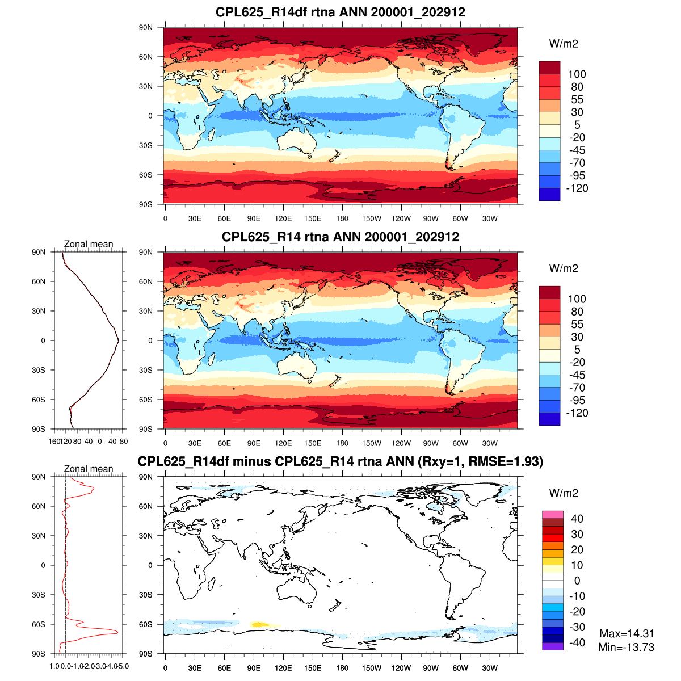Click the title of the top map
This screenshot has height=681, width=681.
click(340, 12)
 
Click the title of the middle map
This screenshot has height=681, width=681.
click(340, 237)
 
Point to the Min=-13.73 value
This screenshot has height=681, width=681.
click(627, 647)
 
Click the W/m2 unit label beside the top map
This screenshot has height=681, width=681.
click(564, 44)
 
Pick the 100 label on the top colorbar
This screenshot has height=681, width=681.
click(577, 74)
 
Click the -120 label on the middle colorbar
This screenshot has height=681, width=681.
click(577, 413)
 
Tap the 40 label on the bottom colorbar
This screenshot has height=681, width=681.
click(577, 519)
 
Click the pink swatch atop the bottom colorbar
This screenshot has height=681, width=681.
click(553, 515)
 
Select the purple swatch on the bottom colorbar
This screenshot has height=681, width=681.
click(553, 646)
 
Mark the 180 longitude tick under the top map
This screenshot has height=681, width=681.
click(342, 218)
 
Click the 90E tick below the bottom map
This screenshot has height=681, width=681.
click(254, 668)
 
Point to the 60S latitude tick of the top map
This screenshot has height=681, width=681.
click(146, 175)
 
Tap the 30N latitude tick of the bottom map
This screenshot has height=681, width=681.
click(146, 536)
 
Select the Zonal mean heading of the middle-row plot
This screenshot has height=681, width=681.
click(89, 244)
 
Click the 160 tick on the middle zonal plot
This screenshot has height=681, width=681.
click(55, 441)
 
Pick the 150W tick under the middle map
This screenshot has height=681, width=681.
click(372, 443)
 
